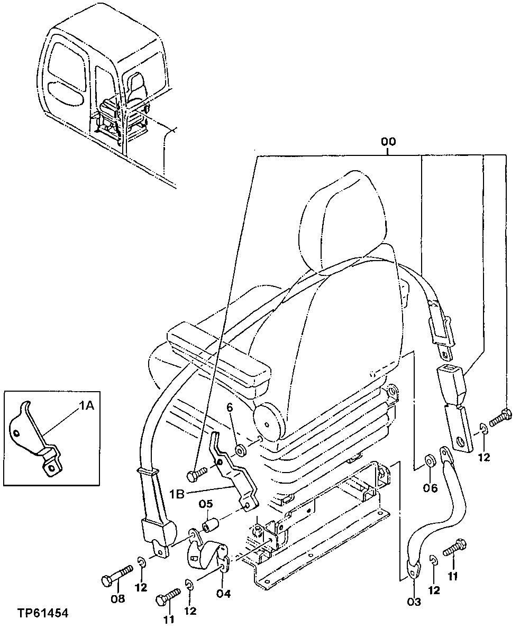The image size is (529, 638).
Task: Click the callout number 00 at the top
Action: pyautogui.click(x=388, y=142)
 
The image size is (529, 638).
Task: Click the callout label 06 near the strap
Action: pyautogui.click(x=431, y=488)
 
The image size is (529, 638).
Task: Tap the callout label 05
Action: pyautogui.click(x=206, y=504)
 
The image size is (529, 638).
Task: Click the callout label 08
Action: pyautogui.click(x=117, y=598)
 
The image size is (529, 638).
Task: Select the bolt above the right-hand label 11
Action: pyautogui.click(x=455, y=548)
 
